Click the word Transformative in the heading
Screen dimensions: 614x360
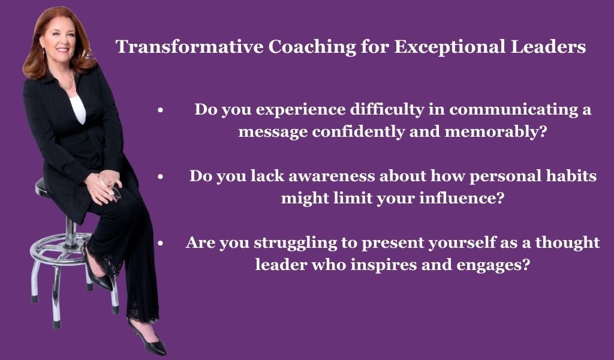coord(189,47)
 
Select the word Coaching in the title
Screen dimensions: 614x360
coord(312,47)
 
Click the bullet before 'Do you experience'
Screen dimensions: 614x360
coord(160,110)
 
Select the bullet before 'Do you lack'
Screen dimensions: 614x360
coord(160,177)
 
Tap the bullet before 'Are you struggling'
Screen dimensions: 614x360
coord(160,244)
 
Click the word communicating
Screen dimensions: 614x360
coord(514,110)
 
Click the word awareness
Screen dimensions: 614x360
coord(332,176)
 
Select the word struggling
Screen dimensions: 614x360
coord(295,243)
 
